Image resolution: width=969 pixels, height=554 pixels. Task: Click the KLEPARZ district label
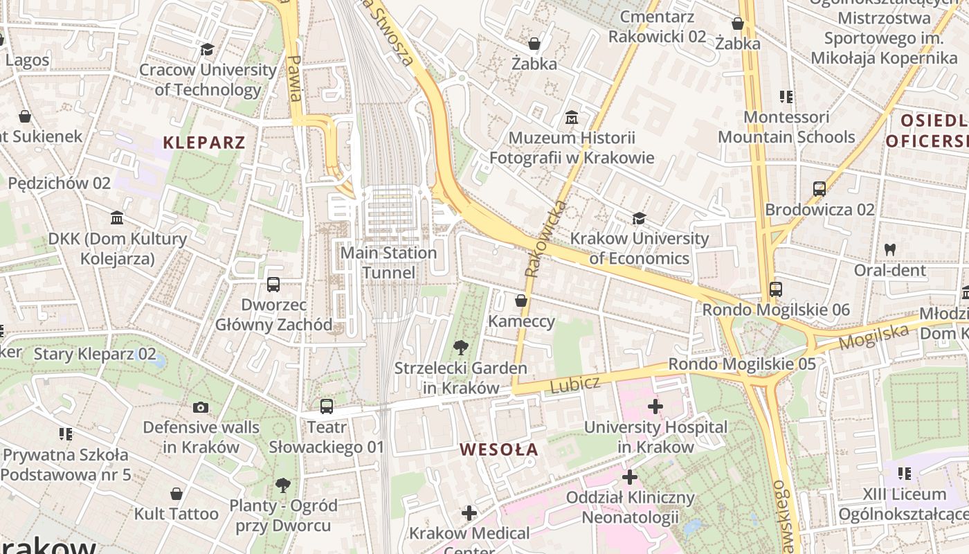204,143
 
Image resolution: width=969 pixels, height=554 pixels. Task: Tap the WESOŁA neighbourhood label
499,449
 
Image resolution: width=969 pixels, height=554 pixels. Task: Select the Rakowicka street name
545,240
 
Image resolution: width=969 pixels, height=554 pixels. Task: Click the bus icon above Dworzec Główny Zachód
273,284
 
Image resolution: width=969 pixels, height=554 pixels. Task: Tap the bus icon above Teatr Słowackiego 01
326,406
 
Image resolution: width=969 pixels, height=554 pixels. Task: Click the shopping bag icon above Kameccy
521,301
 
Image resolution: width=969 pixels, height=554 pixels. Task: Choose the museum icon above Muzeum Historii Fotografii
572,117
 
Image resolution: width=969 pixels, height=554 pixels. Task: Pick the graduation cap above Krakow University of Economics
639,219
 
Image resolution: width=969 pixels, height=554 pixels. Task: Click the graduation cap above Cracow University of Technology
207,49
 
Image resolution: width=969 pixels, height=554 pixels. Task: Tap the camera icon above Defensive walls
201,407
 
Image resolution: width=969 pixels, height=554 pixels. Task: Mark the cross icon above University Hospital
655,406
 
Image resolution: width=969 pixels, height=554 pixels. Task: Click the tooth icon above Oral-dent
890,249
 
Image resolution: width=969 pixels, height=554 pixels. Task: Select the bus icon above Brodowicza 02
819,188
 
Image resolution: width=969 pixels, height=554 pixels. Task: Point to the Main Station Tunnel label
388,262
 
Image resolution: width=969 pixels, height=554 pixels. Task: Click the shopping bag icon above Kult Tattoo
176,494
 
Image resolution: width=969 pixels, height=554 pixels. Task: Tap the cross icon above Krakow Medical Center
469,513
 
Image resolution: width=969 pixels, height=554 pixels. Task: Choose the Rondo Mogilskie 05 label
741,364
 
